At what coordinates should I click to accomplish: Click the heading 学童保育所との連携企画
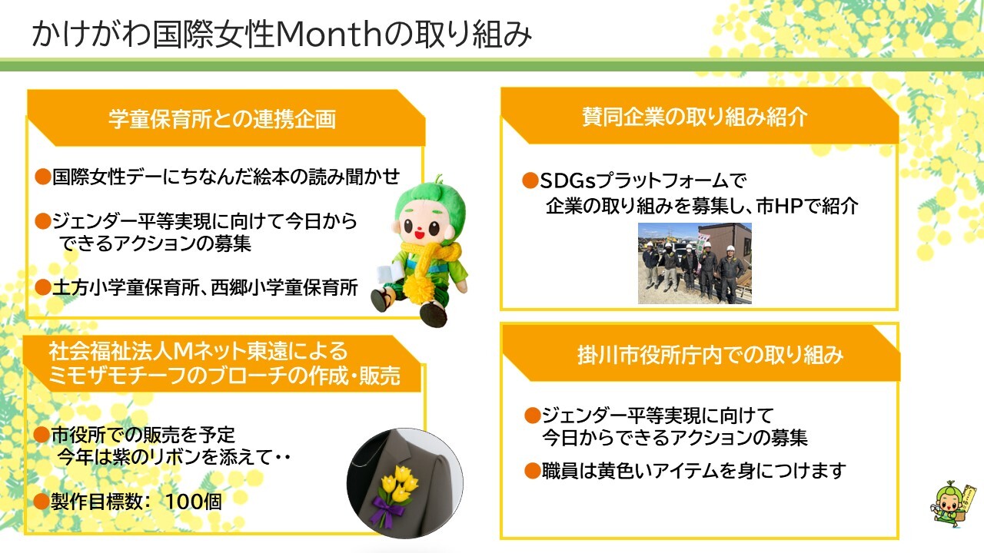pos(222,121)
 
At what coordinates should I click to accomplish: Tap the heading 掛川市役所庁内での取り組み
pos(699,355)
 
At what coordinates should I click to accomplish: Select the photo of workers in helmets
pos(694,263)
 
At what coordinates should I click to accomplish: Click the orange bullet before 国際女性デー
pos(43,177)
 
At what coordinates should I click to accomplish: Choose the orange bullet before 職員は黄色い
pos(531,470)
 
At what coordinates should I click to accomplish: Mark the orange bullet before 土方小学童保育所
pos(43,288)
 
